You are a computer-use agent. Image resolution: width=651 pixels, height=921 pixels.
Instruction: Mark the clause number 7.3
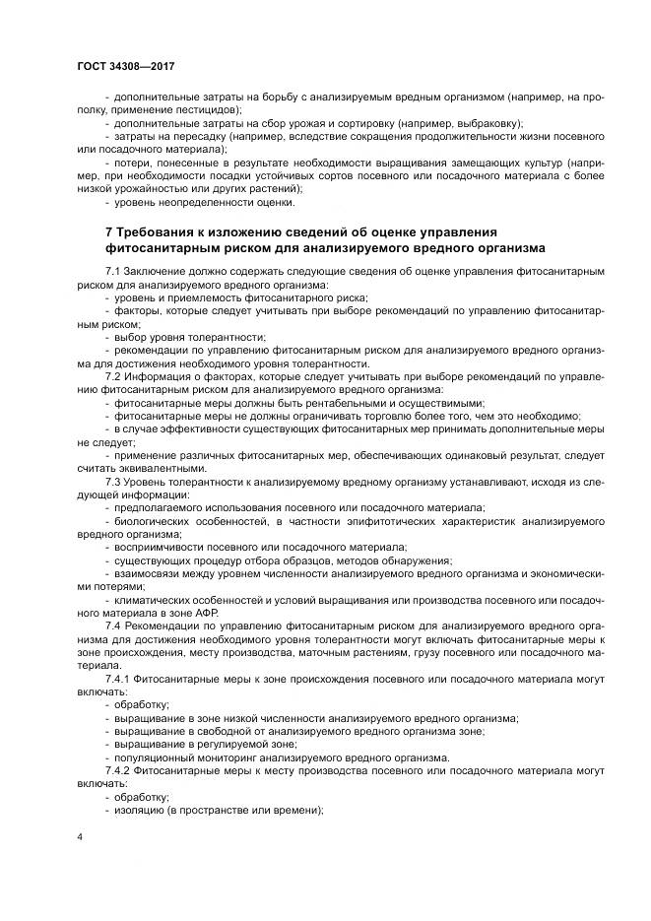112,481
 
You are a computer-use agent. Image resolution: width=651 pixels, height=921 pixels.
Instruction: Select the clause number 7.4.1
117,678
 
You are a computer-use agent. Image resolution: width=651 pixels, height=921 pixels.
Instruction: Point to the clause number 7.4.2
117,769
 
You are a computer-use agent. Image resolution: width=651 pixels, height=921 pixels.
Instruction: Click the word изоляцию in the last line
141,809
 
